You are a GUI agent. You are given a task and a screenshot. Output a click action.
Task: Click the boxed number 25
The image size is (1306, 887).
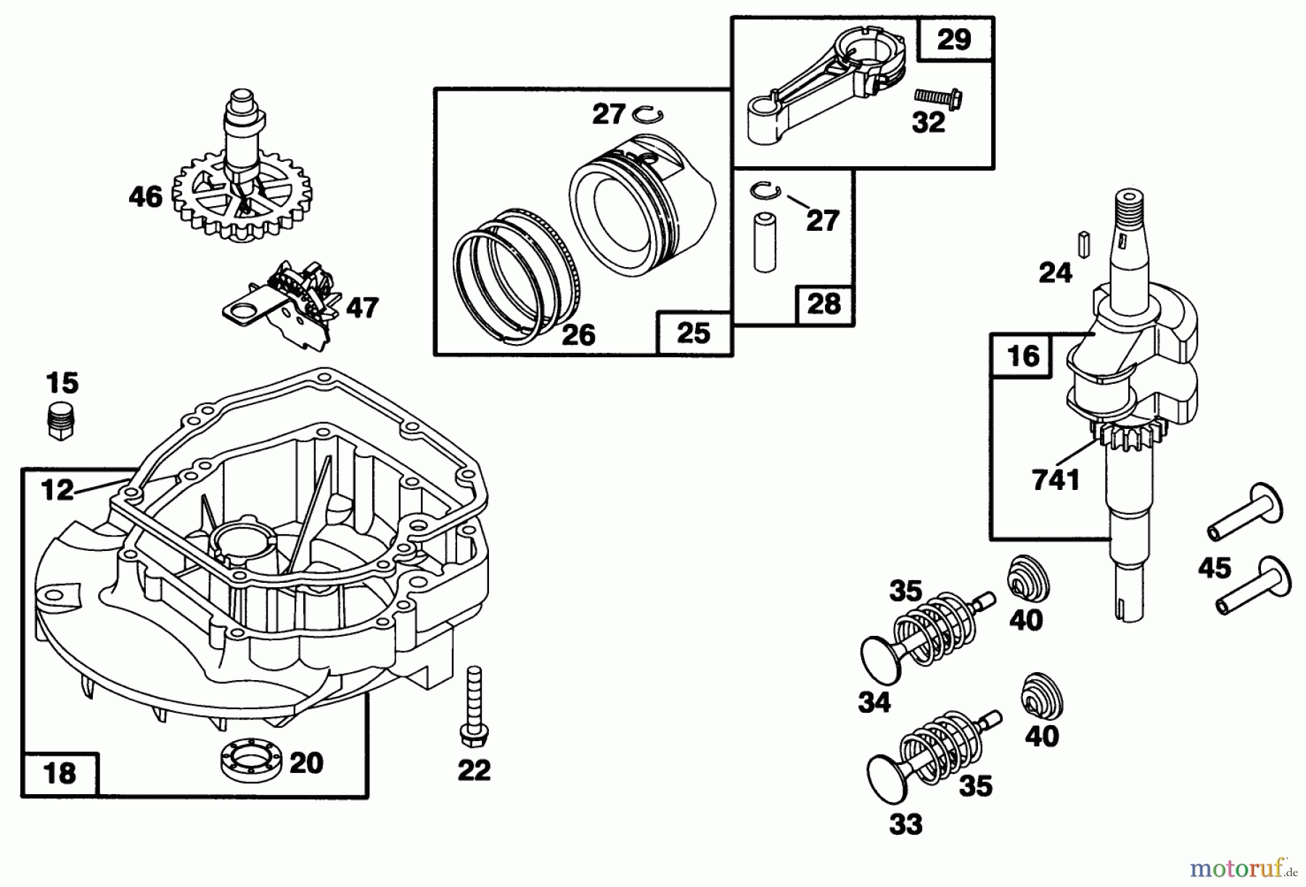click(x=693, y=333)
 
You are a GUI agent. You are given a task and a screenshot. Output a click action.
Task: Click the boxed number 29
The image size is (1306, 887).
click(x=954, y=38)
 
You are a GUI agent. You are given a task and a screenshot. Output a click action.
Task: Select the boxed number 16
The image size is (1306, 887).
click(x=1023, y=356)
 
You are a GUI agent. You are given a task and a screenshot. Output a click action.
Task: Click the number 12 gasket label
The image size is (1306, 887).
click(x=57, y=490)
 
